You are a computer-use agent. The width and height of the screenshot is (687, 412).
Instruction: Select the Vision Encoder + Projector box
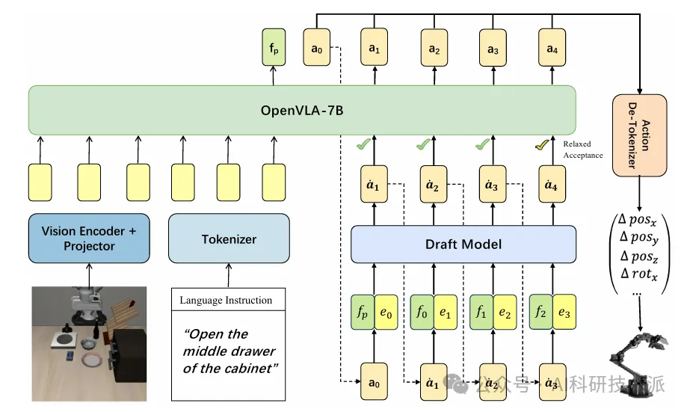(x=89, y=239)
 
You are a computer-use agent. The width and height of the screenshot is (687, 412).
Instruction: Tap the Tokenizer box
(x=229, y=239)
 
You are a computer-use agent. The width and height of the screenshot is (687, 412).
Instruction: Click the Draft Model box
(x=463, y=245)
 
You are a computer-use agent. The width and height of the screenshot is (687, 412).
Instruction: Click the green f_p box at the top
(x=274, y=50)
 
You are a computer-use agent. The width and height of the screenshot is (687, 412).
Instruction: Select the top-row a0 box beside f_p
(x=315, y=50)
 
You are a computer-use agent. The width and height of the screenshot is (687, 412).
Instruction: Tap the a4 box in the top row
(x=552, y=50)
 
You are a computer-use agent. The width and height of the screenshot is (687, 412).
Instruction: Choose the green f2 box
(x=538, y=313)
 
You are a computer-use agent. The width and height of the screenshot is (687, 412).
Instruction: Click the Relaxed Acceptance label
(x=582, y=150)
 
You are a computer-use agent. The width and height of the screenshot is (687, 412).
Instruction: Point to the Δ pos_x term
(x=635, y=221)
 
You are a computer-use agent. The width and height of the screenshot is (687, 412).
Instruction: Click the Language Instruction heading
(x=226, y=301)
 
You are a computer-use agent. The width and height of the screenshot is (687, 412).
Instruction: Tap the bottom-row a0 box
(x=375, y=383)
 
